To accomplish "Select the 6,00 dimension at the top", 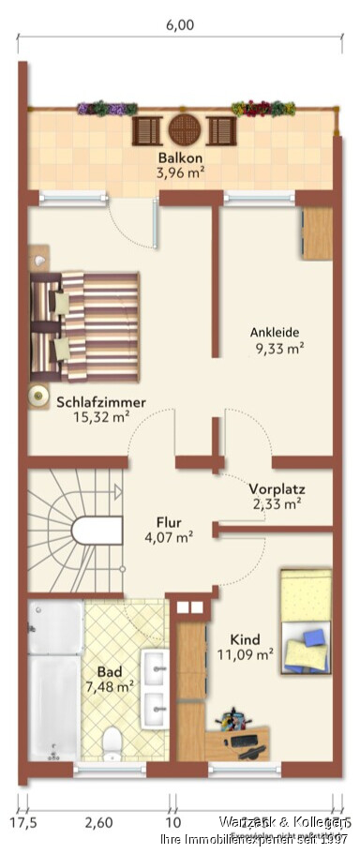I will [180, 25].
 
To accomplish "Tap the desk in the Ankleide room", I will [318, 232].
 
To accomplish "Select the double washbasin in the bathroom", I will [154, 689].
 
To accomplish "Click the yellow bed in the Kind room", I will [306, 620].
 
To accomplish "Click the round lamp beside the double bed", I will [39, 396].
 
